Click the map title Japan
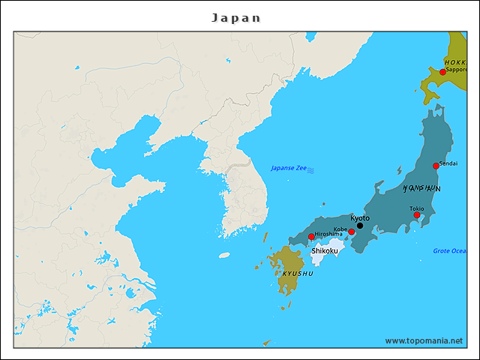(x=236, y=17)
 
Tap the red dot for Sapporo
(x=442, y=72)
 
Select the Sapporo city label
(x=457, y=70)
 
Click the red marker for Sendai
(x=436, y=166)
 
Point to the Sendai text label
(x=448, y=163)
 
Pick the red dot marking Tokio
(x=417, y=215)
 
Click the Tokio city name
(x=417, y=208)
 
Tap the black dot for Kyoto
(x=360, y=226)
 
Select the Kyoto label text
(x=360, y=217)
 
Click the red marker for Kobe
(x=351, y=232)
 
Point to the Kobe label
(x=340, y=229)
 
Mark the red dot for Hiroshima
(x=311, y=237)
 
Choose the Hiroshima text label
(x=328, y=234)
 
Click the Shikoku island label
(x=325, y=250)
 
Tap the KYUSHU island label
(x=298, y=274)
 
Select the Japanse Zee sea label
(x=289, y=168)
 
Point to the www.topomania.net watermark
(x=424, y=340)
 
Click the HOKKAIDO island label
(x=455, y=62)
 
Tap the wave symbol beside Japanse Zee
(x=311, y=169)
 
